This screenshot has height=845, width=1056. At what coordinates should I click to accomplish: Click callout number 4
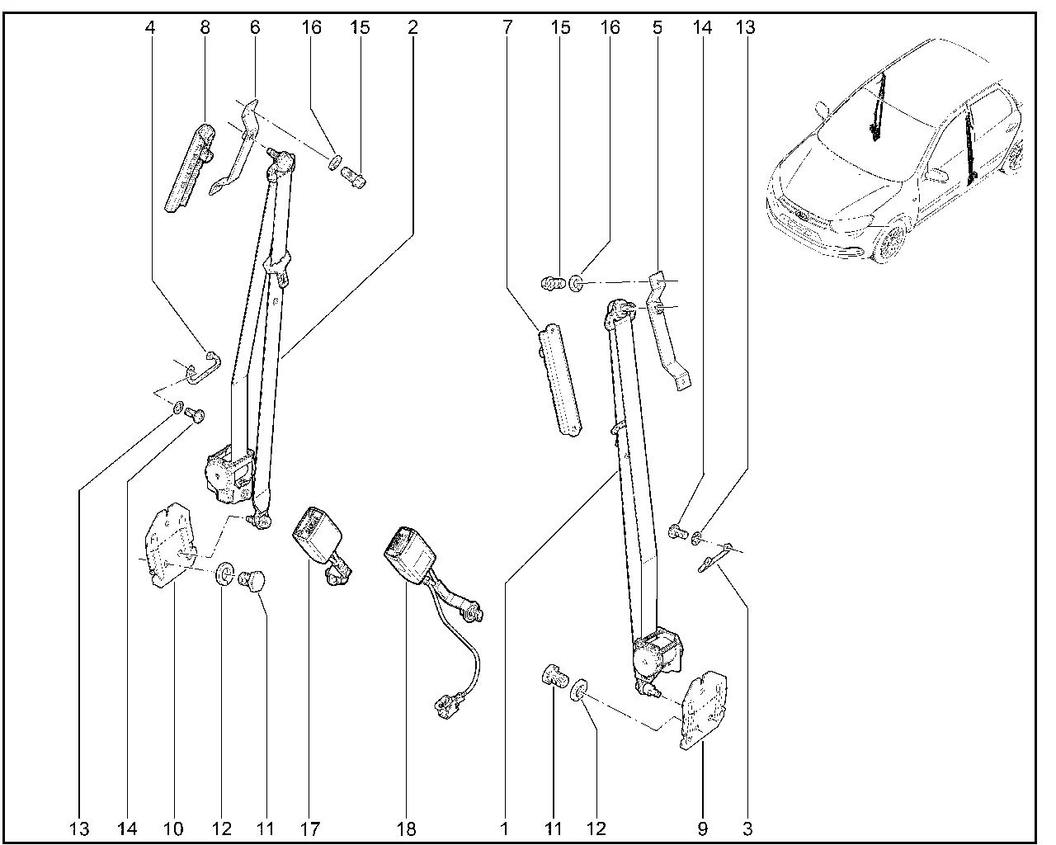coord(149,28)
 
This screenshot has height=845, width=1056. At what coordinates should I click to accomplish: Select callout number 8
coord(205,28)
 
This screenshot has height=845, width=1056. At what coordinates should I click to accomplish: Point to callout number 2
coord(412,28)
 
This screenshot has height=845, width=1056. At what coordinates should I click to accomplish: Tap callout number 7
coord(505,28)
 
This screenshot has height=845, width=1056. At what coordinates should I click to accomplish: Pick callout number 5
coord(657,28)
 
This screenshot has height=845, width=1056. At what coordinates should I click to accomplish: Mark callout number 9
coord(701,828)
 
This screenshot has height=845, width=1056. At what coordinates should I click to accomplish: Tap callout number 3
coord(747,828)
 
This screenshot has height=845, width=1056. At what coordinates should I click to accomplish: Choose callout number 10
coord(174,828)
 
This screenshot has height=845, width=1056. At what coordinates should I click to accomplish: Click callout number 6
coord(254,28)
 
